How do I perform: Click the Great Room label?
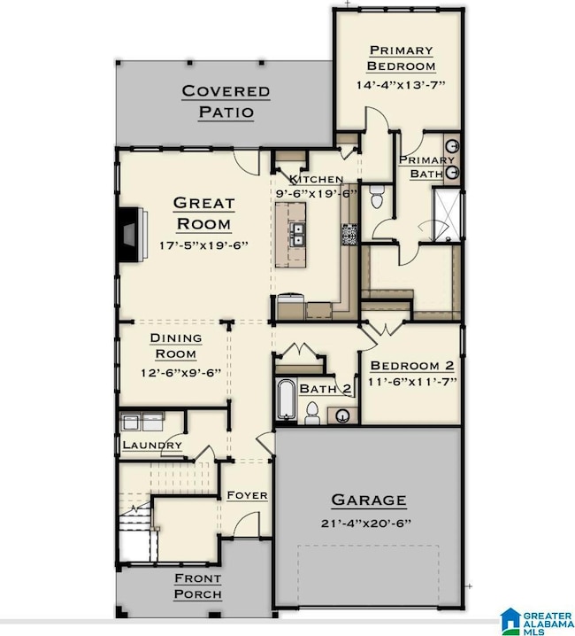(203, 213)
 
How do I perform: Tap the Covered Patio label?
(226, 101)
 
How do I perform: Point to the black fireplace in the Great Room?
(128, 235)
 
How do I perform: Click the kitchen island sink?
(298, 236)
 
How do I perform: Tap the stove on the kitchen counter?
(349, 235)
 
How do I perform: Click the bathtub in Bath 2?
(286, 399)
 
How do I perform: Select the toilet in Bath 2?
(312, 413)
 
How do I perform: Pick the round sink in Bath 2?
(343, 415)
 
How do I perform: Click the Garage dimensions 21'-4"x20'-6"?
(366, 524)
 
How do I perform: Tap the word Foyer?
(247, 495)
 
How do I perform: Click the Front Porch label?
(198, 586)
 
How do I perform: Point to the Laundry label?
(152, 445)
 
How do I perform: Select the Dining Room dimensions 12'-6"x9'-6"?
(180, 373)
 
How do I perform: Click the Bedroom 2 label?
(412, 366)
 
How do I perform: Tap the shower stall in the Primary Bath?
(446, 214)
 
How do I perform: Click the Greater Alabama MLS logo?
(536, 621)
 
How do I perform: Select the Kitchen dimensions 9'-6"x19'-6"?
(317, 193)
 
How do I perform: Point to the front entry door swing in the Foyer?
(246, 524)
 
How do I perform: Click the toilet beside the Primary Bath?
(377, 198)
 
